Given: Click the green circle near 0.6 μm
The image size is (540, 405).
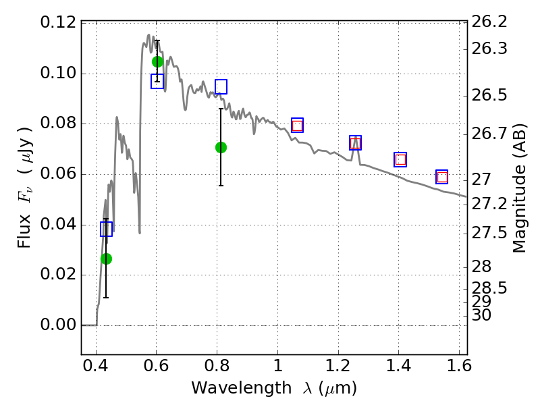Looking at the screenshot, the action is (157, 61).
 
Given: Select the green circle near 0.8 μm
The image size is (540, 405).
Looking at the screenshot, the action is (221, 147).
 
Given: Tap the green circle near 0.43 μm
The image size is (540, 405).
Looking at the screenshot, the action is (107, 259).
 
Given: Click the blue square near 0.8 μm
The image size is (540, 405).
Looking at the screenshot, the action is (221, 86).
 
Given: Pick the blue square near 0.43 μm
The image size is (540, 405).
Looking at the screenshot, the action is (107, 229).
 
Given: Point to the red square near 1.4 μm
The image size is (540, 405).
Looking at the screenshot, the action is (400, 160).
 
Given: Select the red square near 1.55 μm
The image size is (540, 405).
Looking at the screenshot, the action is (442, 177).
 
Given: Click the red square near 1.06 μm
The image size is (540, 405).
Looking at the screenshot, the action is (297, 126).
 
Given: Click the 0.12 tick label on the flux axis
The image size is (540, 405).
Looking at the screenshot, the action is (58, 22).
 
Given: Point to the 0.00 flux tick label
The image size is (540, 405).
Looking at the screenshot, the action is (58, 325).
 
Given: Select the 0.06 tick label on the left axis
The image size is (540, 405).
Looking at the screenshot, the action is (58, 173).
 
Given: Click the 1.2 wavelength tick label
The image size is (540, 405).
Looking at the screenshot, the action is (339, 366).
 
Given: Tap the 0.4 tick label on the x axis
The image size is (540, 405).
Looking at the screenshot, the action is (96, 366).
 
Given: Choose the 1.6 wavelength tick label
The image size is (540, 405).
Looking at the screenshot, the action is (459, 366).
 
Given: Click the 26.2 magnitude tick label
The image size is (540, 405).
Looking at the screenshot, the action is (489, 22).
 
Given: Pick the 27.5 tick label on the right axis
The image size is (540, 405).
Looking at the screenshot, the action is (489, 233).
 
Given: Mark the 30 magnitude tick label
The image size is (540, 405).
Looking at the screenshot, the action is (481, 315).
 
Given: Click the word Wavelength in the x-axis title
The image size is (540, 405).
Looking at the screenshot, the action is (242, 388).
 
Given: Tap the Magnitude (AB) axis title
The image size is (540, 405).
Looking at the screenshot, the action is (520, 188).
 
